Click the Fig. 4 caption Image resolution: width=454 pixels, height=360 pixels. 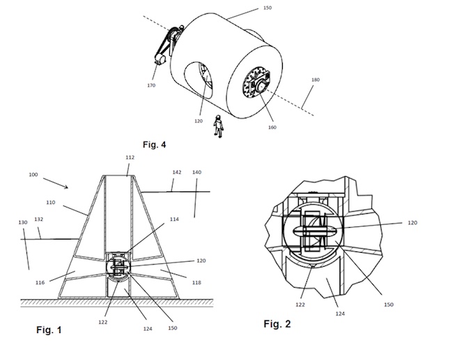(155, 145)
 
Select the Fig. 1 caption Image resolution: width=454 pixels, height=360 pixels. (49, 330)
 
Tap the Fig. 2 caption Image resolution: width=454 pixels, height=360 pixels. (277, 324)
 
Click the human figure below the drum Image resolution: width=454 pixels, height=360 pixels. (219, 126)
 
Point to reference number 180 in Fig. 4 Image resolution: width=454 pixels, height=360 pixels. (315, 79)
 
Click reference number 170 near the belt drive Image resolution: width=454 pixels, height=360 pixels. (151, 86)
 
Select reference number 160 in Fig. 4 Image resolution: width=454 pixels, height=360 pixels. (272, 127)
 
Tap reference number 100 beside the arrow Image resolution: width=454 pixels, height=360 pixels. (33, 175)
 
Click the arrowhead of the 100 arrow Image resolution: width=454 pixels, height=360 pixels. (66, 187)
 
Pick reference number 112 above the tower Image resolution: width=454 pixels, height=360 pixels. (130, 157)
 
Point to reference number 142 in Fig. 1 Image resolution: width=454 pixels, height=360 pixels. (177, 172)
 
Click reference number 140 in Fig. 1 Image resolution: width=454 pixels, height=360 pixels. (197, 172)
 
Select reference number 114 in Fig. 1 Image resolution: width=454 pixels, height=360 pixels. (174, 219)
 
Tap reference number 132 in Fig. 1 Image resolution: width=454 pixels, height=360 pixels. (38, 219)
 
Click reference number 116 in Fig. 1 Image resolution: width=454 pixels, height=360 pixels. (40, 283)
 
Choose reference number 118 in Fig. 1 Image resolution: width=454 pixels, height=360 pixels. (196, 283)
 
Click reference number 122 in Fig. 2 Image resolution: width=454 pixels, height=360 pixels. (300, 305)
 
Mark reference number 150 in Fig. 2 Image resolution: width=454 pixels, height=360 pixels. (389, 305)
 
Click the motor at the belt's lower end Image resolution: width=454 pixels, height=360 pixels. (160, 60)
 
